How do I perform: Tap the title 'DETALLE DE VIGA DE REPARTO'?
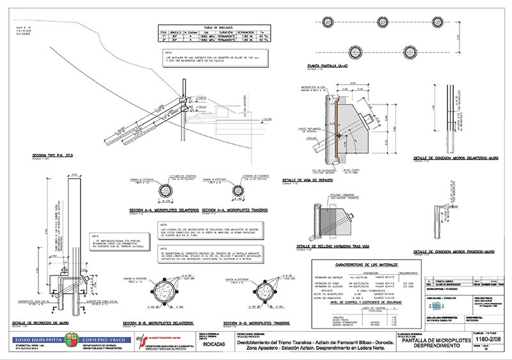point(312,180)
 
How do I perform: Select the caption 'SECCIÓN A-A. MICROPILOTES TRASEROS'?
point(234,209)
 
